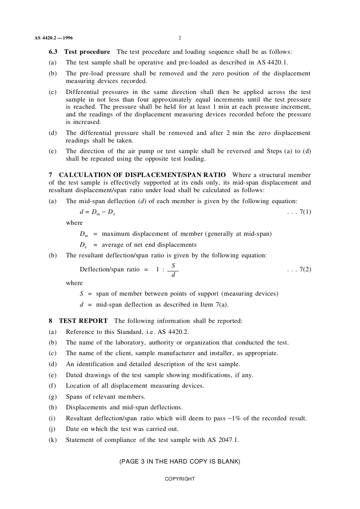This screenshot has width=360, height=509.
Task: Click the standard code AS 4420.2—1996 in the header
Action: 53,38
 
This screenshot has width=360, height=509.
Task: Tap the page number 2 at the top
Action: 180,38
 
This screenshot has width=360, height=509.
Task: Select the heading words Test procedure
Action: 87,52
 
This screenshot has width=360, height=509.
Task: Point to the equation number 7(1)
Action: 305,212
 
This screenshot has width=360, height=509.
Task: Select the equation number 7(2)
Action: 305,269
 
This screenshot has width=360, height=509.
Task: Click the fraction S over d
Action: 173,270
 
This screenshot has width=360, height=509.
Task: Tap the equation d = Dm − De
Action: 97,212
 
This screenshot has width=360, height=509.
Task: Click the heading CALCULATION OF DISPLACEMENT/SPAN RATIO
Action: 142,175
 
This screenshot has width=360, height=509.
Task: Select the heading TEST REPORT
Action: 83,321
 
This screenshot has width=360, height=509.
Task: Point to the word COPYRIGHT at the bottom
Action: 180,479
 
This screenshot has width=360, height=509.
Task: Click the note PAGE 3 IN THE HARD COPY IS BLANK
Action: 180,462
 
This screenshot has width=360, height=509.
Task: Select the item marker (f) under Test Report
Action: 52,386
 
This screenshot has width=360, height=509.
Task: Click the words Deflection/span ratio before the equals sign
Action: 110,269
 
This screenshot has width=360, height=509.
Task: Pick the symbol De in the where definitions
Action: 83,245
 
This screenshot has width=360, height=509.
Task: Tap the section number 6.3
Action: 53,52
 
